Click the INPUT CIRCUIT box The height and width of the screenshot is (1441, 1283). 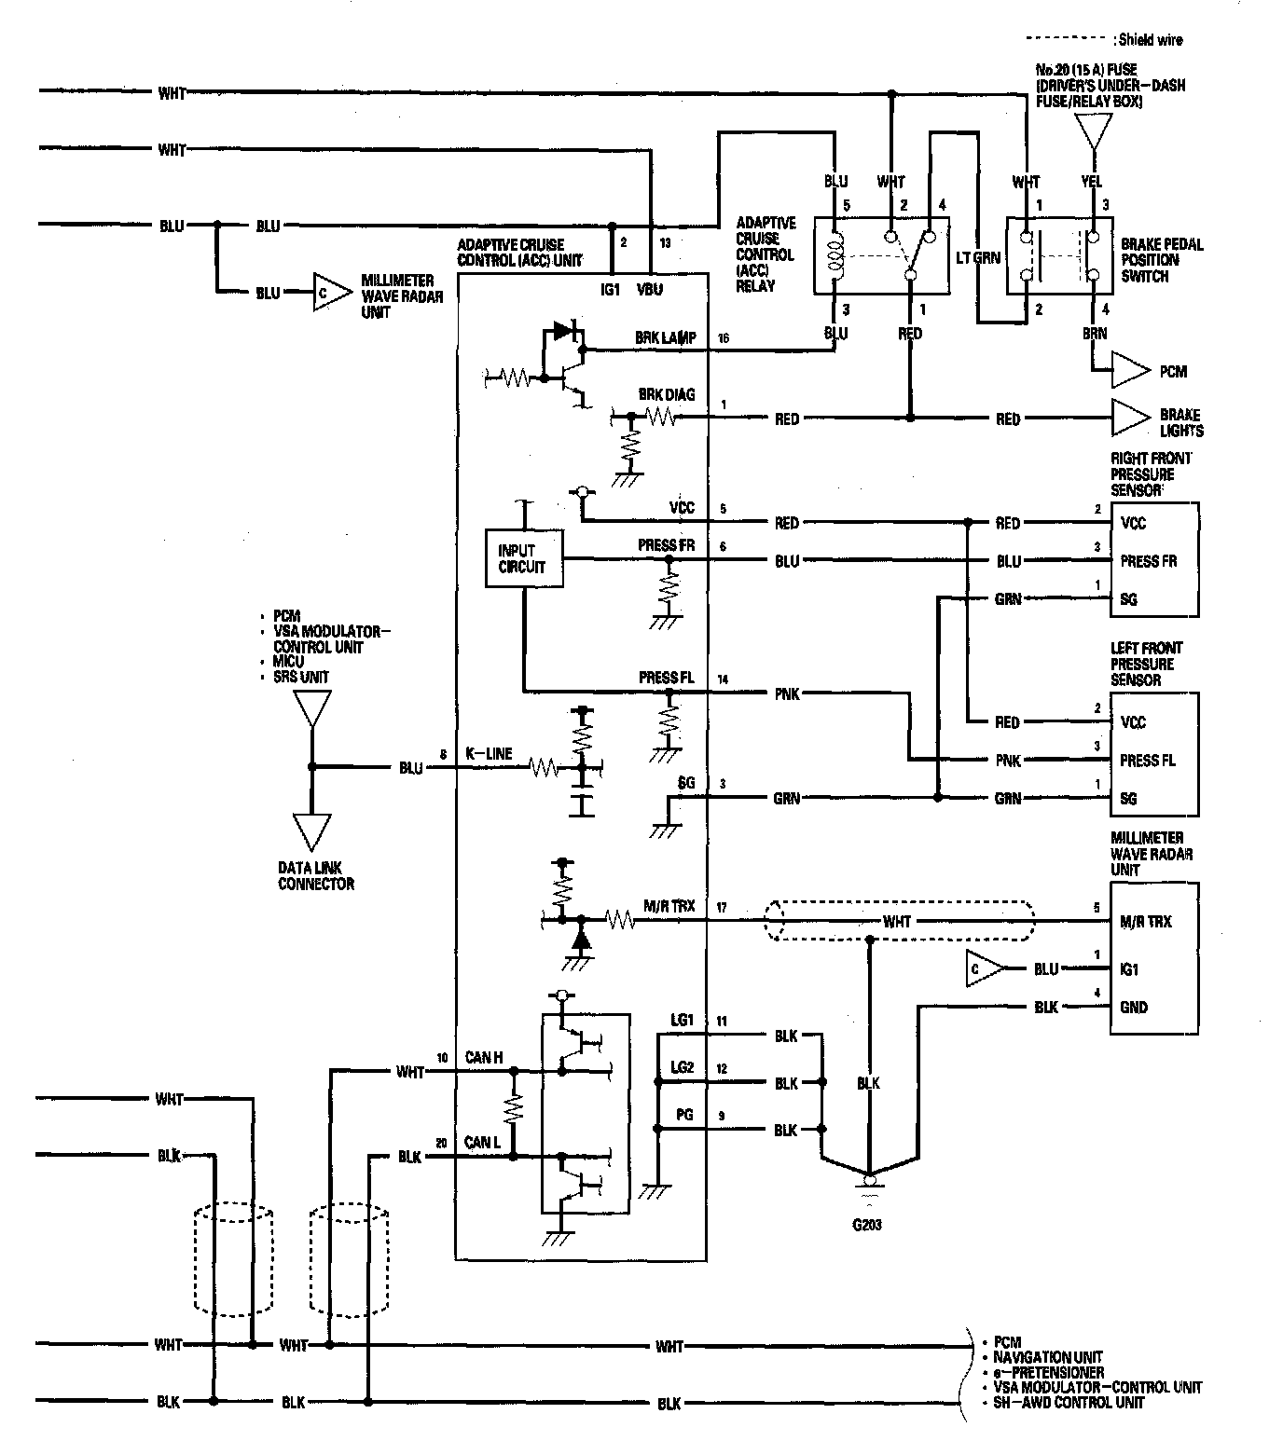tap(524, 558)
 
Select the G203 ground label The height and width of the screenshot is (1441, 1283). tap(866, 1224)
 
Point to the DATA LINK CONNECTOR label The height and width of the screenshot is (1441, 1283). tap(316, 875)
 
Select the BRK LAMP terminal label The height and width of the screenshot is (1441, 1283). tap(665, 339)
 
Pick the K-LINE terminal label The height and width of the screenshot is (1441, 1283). tap(492, 753)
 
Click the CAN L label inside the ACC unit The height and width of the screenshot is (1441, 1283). tap(482, 1143)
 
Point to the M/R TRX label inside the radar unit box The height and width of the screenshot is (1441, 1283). tap(1146, 922)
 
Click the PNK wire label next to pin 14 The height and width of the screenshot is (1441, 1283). tap(786, 693)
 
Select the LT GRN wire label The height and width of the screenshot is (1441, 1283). tap(978, 257)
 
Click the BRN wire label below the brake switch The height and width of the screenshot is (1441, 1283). tap(1095, 333)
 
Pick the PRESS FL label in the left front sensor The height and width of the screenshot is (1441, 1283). tap(1148, 761)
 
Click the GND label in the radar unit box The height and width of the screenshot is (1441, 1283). tap(1134, 1007)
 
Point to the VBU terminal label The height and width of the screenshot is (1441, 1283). tap(650, 289)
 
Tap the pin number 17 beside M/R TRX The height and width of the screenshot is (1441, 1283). tap(722, 907)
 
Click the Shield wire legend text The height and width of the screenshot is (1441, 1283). tap(1149, 40)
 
